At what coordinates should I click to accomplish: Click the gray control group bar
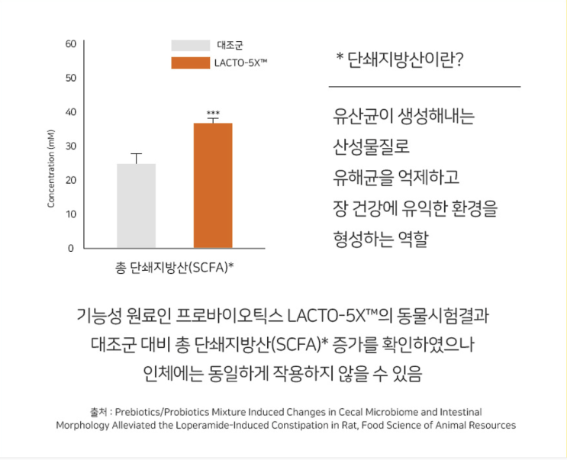tap(137, 205)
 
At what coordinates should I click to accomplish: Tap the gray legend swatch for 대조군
tap(190, 46)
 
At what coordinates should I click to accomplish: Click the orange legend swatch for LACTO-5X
tap(190, 63)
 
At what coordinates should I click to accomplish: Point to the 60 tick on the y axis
tap(70, 43)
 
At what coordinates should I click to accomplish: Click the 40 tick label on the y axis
tap(70, 112)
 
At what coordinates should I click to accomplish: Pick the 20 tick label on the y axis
tap(70, 180)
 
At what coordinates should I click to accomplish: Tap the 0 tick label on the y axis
tap(70, 248)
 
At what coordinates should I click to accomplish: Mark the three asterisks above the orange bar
tap(213, 114)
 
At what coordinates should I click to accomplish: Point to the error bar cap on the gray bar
tap(137, 154)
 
